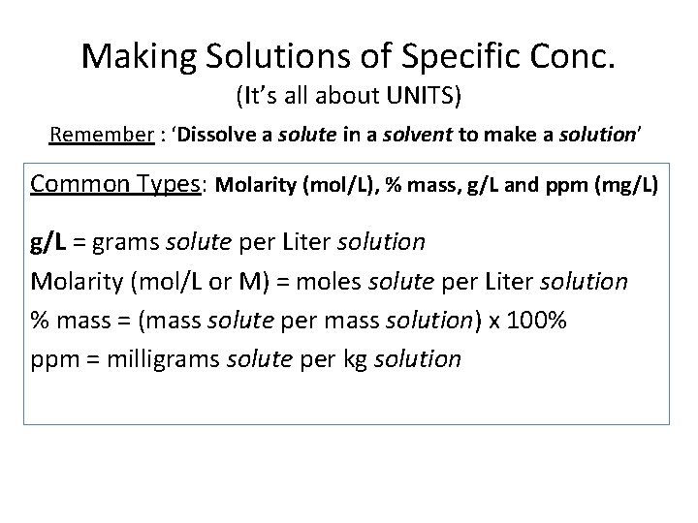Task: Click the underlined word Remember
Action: tap(101, 136)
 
